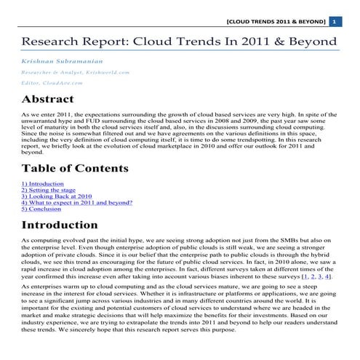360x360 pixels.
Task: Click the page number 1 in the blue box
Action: coord(334,22)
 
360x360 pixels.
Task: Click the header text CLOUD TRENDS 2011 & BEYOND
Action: coord(276,22)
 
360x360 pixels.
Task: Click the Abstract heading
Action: coord(52,99)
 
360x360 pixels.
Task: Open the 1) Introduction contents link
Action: coord(42,184)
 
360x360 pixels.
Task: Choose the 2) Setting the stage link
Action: coord(49,190)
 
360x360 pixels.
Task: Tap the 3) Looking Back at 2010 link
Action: coord(57,196)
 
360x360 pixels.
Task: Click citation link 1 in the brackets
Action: coord(305,276)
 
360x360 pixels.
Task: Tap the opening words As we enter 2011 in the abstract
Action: coord(47,116)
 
